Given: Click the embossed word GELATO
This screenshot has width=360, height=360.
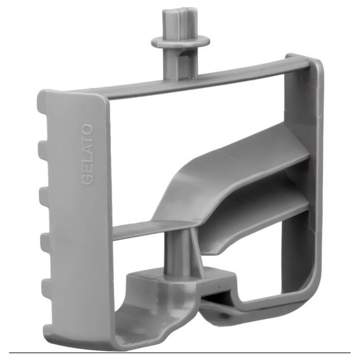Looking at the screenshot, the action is (x=87, y=154).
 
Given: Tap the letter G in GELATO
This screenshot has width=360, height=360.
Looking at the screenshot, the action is (x=87, y=180).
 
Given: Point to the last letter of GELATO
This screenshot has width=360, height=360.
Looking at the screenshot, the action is (x=88, y=129).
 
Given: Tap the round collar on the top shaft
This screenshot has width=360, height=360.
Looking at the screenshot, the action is (x=180, y=42).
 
